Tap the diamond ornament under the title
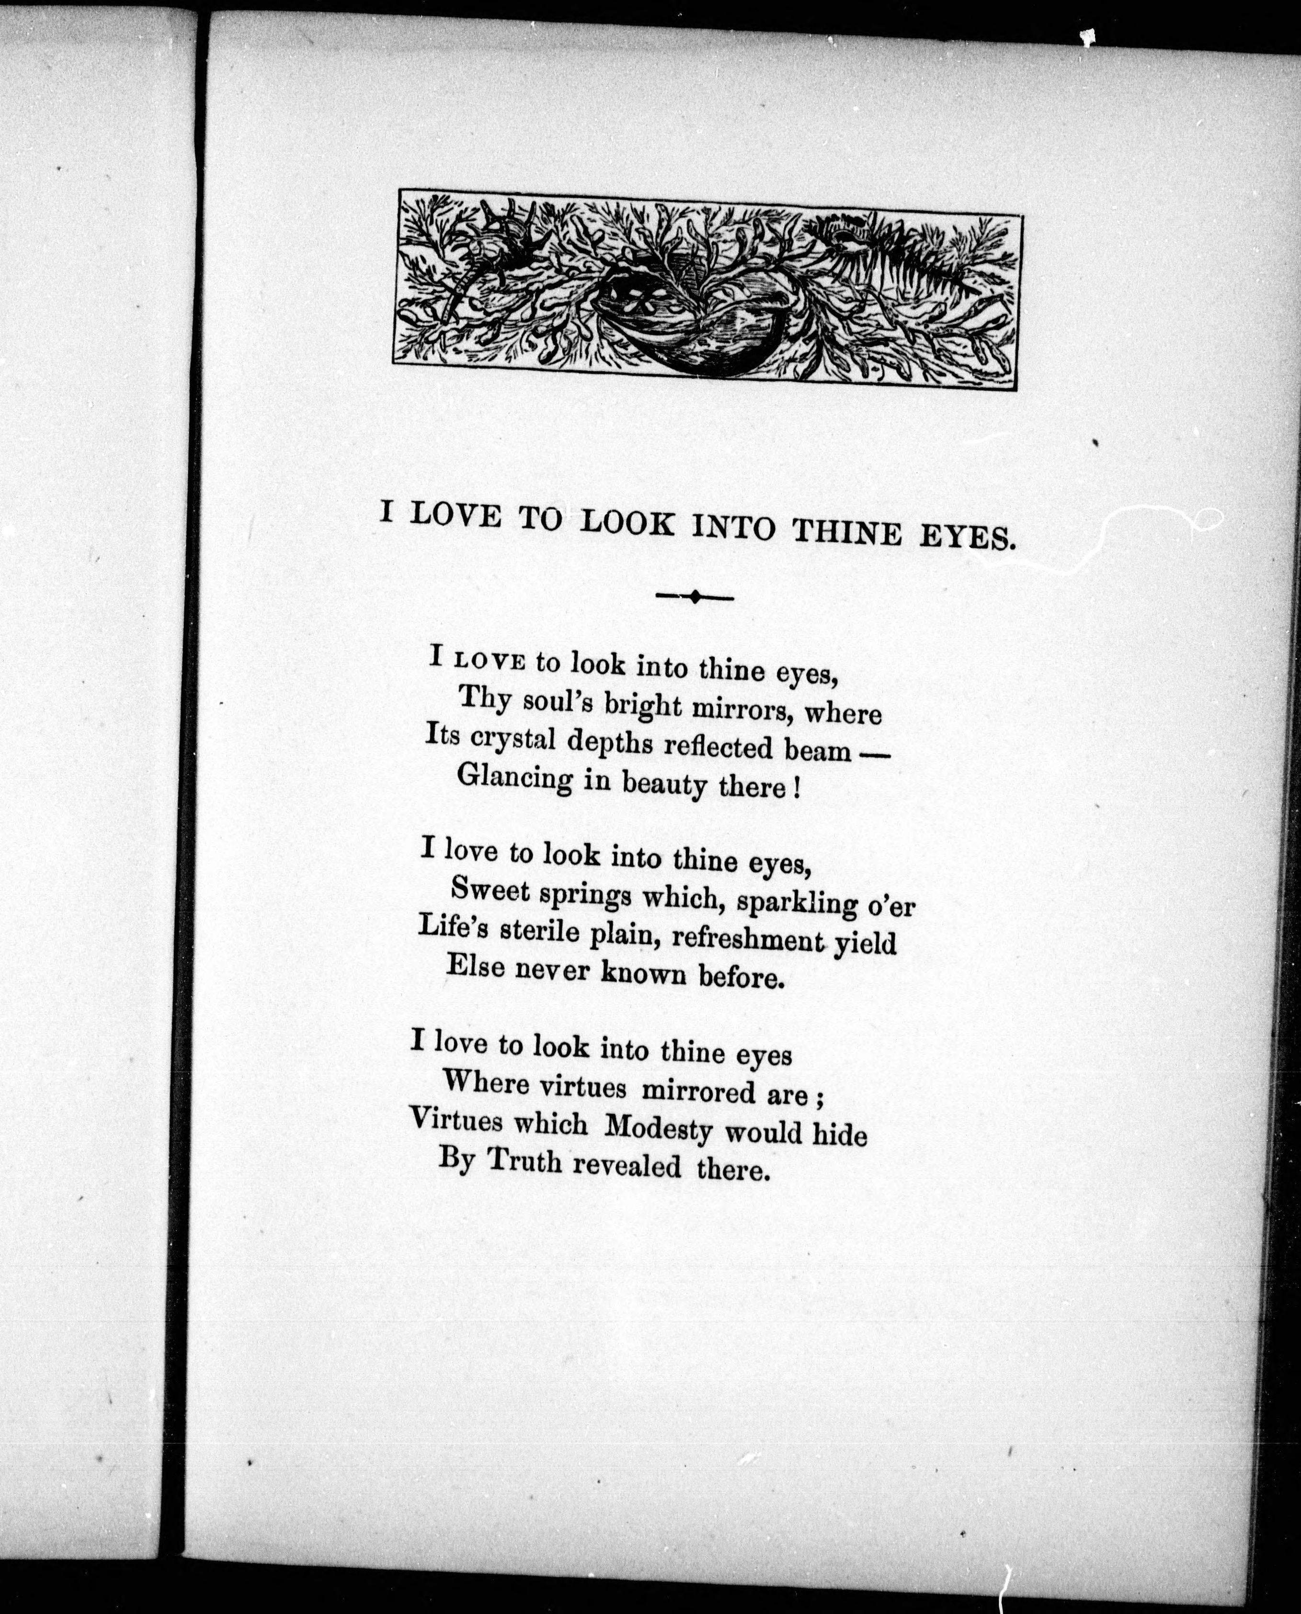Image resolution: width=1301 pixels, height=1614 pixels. point(695,597)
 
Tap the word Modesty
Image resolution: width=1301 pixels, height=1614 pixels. point(658,1128)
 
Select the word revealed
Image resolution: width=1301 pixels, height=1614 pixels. point(628,1166)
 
